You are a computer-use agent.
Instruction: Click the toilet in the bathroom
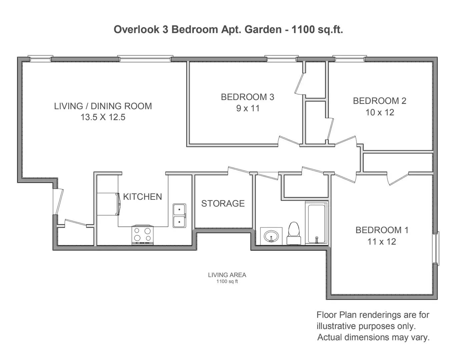tap(294, 233)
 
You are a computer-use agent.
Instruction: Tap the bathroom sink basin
tap(271, 236)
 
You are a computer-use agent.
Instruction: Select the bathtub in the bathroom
tap(317, 223)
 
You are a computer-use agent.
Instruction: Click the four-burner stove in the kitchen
tap(142, 235)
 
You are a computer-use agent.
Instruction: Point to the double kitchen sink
tap(179, 216)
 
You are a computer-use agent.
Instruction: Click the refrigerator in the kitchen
tap(108, 204)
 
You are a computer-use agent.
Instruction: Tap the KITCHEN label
tap(142, 197)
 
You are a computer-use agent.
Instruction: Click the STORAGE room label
tap(223, 204)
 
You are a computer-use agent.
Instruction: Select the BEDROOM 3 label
tap(248, 97)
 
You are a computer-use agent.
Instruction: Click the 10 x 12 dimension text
tap(380, 112)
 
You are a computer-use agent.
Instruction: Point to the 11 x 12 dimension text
tap(382, 242)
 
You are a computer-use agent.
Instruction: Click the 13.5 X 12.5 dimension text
tap(103, 117)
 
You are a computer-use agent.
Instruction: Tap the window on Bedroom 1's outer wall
tap(436, 248)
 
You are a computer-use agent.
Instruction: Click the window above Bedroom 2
tap(350, 58)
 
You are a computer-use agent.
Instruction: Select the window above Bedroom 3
tap(282, 58)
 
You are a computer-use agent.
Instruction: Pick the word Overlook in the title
tap(136, 29)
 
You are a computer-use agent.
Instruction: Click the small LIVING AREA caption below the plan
tap(227, 275)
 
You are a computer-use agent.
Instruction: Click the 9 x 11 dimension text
tap(248, 108)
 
